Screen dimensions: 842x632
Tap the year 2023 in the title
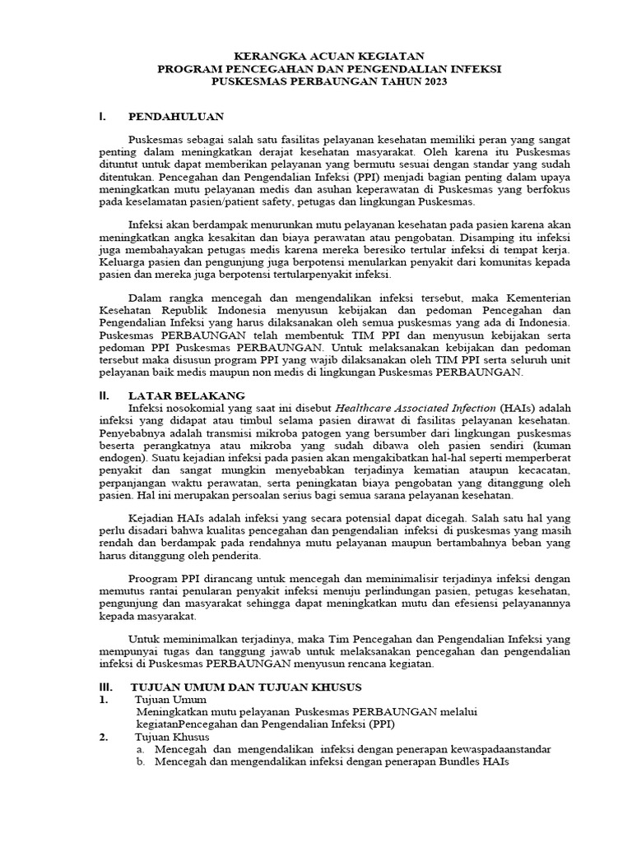[435, 83]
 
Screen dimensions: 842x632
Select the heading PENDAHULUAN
[176, 117]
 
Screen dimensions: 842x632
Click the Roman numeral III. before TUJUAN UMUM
[105, 686]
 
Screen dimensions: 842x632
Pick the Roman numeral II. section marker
[104, 396]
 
